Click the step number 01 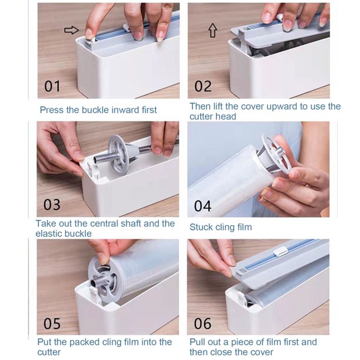pos(52,86)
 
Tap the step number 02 pos(203,86)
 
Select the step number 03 pos(52,205)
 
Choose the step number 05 pos(52,322)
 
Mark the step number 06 pos(203,322)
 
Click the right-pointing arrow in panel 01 pos(71,30)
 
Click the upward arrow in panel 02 pos(212,31)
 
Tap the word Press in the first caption pos(52,109)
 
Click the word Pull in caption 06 pos(198,342)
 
